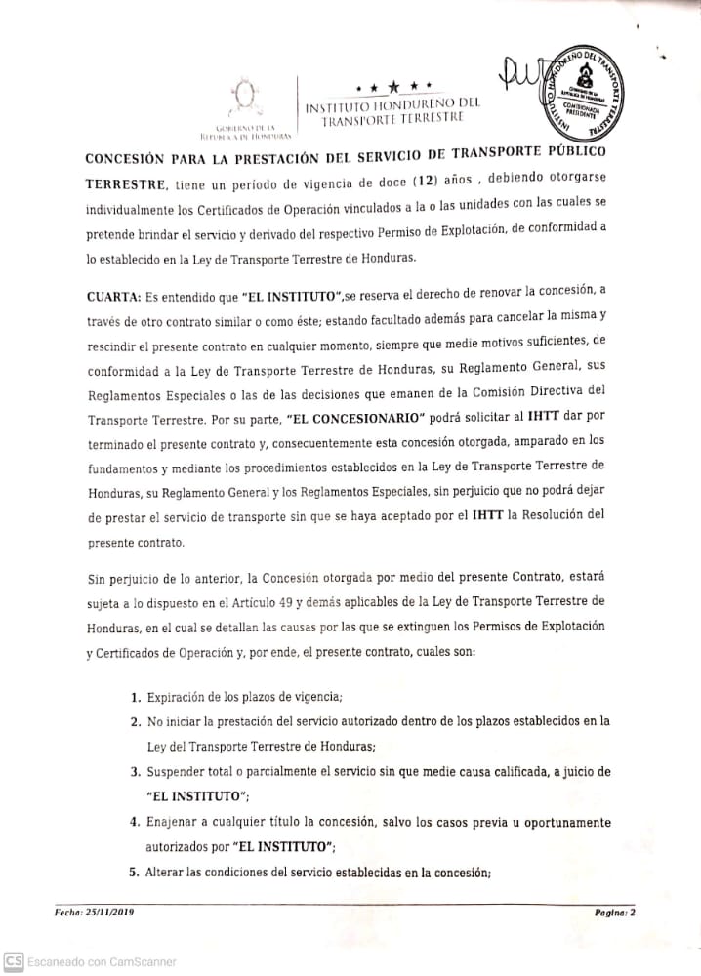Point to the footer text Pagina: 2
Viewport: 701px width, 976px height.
(615, 913)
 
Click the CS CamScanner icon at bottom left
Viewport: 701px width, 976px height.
(13, 962)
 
